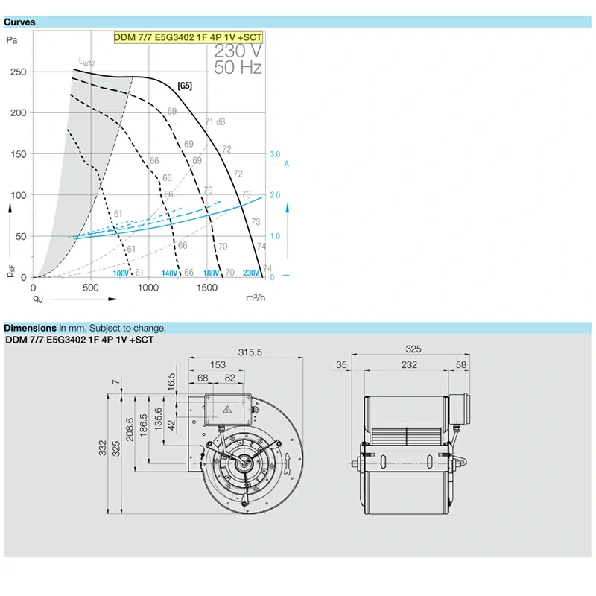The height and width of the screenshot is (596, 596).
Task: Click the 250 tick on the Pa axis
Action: click(x=18, y=72)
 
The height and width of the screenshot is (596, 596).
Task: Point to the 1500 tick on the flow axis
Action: click(x=207, y=288)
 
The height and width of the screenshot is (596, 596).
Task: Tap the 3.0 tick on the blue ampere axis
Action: click(x=275, y=154)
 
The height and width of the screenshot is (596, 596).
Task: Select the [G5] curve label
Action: click(x=185, y=86)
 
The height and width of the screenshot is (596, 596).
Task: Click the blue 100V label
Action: click(x=121, y=273)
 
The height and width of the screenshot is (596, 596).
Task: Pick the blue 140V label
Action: click(x=170, y=273)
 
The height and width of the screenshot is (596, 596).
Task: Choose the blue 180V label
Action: click(x=211, y=273)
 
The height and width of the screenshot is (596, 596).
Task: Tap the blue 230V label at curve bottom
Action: click(x=251, y=273)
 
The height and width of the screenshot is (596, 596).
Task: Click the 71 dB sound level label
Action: click(x=215, y=122)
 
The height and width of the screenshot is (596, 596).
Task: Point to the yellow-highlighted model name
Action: click(x=188, y=37)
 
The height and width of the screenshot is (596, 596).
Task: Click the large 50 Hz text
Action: click(x=238, y=67)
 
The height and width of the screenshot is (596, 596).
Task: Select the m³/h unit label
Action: click(x=256, y=297)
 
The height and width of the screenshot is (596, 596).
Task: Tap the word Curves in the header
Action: click(x=19, y=22)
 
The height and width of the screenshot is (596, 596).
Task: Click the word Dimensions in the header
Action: click(x=30, y=328)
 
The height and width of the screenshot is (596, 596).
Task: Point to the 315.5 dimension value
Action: click(x=250, y=352)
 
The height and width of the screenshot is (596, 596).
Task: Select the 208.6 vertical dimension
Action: click(x=130, y=430)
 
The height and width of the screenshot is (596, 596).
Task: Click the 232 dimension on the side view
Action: click(x=409, y=365)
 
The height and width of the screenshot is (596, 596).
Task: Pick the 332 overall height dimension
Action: click(x=102, y=448)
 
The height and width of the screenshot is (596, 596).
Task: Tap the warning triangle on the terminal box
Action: click(x=227, y=409)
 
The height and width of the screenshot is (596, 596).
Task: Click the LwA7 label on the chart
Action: click(x=86, y=62)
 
